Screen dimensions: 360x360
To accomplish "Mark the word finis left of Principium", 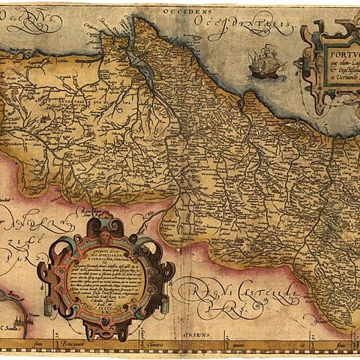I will coord(50,346).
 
